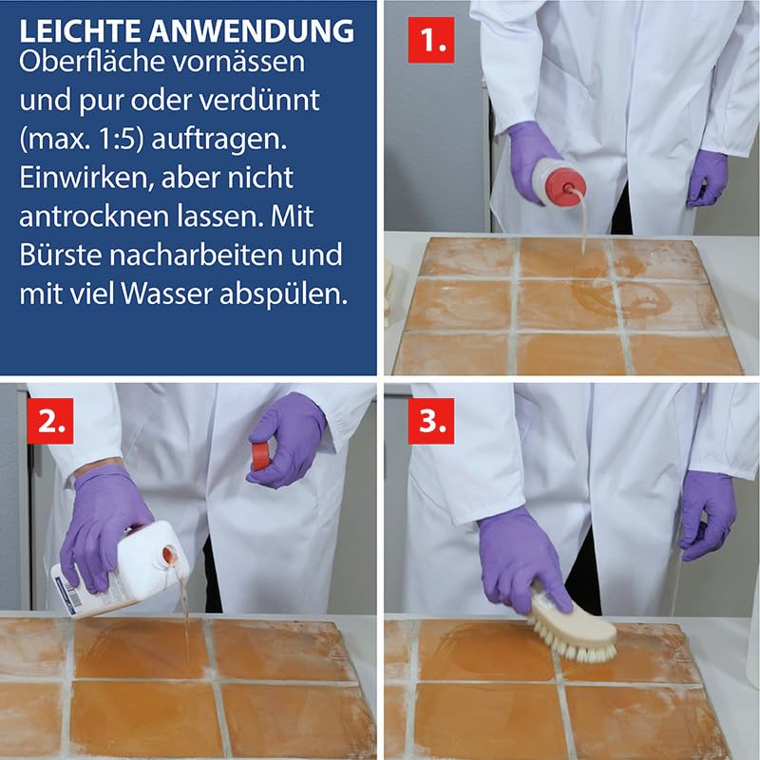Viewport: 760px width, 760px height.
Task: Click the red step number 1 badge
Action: click(431, 40)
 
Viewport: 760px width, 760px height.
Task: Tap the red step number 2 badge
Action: click(50, 421)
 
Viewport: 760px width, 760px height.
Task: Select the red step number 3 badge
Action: click(431, 421)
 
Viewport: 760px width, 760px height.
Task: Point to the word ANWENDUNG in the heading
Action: click(252, 31)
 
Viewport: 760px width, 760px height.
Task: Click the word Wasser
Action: click(165, 294)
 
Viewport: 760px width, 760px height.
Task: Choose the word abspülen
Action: click(283, 294)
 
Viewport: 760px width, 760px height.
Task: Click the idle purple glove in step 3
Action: click(707, 515)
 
